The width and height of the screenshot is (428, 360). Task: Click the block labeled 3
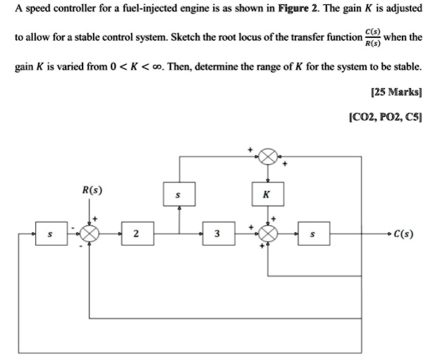pyautogui.click(x=217, y=233)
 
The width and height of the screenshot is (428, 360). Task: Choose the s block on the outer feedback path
pyautogui.click(x=49, y=233)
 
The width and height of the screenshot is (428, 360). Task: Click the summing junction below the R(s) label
pyautogui.click(x=90, y=233)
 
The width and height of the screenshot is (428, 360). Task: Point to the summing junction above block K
pyautogui.click(x=268, y=156)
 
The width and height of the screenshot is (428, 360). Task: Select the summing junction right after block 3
pyautogui.click(x=268, y=233)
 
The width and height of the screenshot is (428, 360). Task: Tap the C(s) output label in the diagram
pyautogui.click(x=404, y=233)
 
